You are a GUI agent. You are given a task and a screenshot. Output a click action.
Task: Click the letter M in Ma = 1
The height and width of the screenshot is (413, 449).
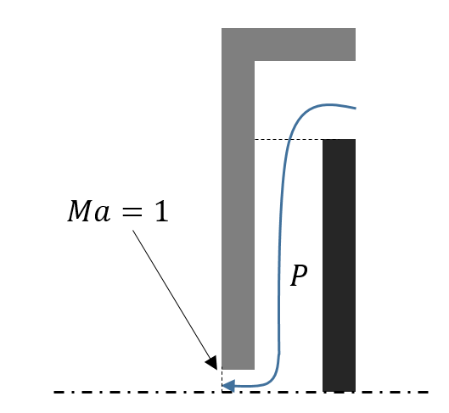[79, 211]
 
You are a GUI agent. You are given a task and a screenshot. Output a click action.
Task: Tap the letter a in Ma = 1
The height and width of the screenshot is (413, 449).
[102, 214]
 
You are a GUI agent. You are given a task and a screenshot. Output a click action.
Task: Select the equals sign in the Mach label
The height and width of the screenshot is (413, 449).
[132, 212]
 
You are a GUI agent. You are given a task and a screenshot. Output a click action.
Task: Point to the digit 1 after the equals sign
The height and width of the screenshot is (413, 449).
[161, 211]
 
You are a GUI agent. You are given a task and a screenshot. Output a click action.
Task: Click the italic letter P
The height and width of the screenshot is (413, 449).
[299, 275]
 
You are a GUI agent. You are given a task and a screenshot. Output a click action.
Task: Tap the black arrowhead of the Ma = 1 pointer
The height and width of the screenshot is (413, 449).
[212, 363]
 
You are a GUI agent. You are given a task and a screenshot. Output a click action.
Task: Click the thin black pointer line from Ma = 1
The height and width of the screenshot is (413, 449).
[171, 293]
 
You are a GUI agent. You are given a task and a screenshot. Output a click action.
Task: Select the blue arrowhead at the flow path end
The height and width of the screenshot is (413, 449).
[228, 386]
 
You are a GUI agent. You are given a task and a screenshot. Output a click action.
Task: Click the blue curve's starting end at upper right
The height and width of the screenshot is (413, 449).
[356, 109]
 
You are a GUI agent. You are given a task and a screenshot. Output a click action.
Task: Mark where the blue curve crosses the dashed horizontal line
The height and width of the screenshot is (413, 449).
[289, 140]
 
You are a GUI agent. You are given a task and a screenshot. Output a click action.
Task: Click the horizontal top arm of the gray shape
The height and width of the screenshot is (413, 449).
[289, 44]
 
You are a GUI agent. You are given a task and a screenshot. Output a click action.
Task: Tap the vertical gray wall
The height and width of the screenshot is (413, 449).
[238, 215]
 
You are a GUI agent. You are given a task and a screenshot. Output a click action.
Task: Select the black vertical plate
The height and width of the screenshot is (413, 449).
[339, 265]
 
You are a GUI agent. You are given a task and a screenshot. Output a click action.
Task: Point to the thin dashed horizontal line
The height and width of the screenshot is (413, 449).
[289, 140]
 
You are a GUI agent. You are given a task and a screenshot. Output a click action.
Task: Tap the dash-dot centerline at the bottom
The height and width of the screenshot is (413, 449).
[240, 392]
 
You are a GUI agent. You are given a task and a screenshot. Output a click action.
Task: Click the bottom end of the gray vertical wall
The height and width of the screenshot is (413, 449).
[238, 369]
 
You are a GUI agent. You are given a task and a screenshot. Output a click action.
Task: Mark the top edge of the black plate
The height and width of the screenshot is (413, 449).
[339, 140]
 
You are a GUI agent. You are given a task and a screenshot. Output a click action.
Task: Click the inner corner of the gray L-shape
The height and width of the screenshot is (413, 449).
[255, 61]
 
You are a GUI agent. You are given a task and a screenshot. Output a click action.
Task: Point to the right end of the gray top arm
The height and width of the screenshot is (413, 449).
[355, 44]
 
